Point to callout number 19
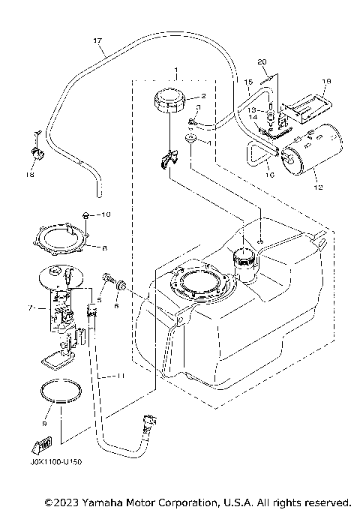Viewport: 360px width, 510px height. coord(326,81)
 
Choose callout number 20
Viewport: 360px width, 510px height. coord(262,61)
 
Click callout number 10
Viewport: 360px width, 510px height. coord(106,214)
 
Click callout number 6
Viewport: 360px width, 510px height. coord(116,306)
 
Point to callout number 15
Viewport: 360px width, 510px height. coord(247,80)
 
